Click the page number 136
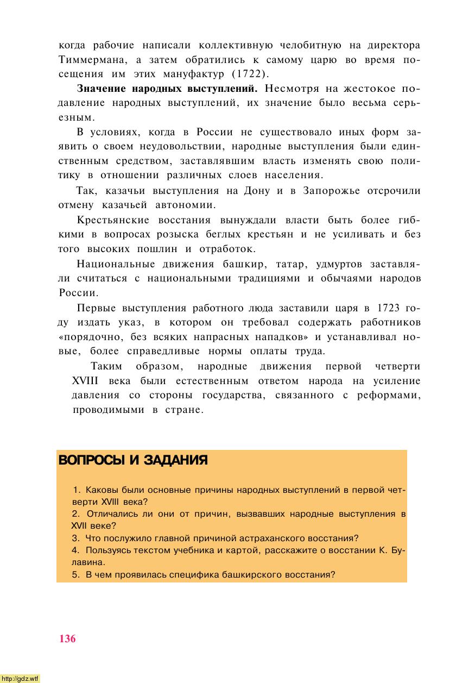click(x=68, y=638)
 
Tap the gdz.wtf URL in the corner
click(x=20, y=678)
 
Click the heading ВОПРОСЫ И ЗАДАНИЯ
click(x=132, y=460)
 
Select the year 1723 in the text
click(x=388, y=308)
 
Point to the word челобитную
click(x=311, y=44)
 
